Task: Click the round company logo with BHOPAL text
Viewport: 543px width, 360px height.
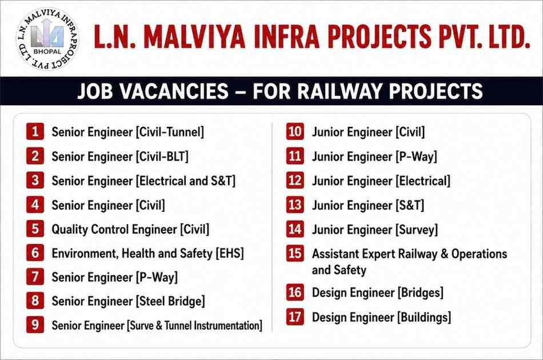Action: pos(47,38)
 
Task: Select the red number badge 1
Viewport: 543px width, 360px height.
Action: pos(35,131)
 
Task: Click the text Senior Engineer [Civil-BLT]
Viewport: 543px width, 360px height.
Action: pos(120,157)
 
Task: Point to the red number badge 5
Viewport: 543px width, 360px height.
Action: pos(35,229)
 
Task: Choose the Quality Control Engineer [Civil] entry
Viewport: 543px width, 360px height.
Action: pos(130,230)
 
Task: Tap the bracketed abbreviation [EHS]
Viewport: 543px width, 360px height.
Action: pos(230,253)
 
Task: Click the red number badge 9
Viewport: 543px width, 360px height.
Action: pos(35,325)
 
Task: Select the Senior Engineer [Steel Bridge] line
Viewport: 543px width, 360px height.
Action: pos(129,301)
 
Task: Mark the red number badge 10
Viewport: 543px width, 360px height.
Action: pos(295,131)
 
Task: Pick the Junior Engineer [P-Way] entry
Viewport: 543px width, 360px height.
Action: pos(375,157)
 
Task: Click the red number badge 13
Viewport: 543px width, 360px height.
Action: pos(295,205)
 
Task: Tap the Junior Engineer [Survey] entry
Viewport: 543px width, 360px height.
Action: pos(375,230)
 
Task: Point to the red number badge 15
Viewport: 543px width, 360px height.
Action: pos(295,253)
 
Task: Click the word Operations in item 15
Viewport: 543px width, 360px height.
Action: pos(480,254)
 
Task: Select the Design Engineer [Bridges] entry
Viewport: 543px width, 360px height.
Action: pos(378,293)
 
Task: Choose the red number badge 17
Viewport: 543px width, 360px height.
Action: pos(295,317)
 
